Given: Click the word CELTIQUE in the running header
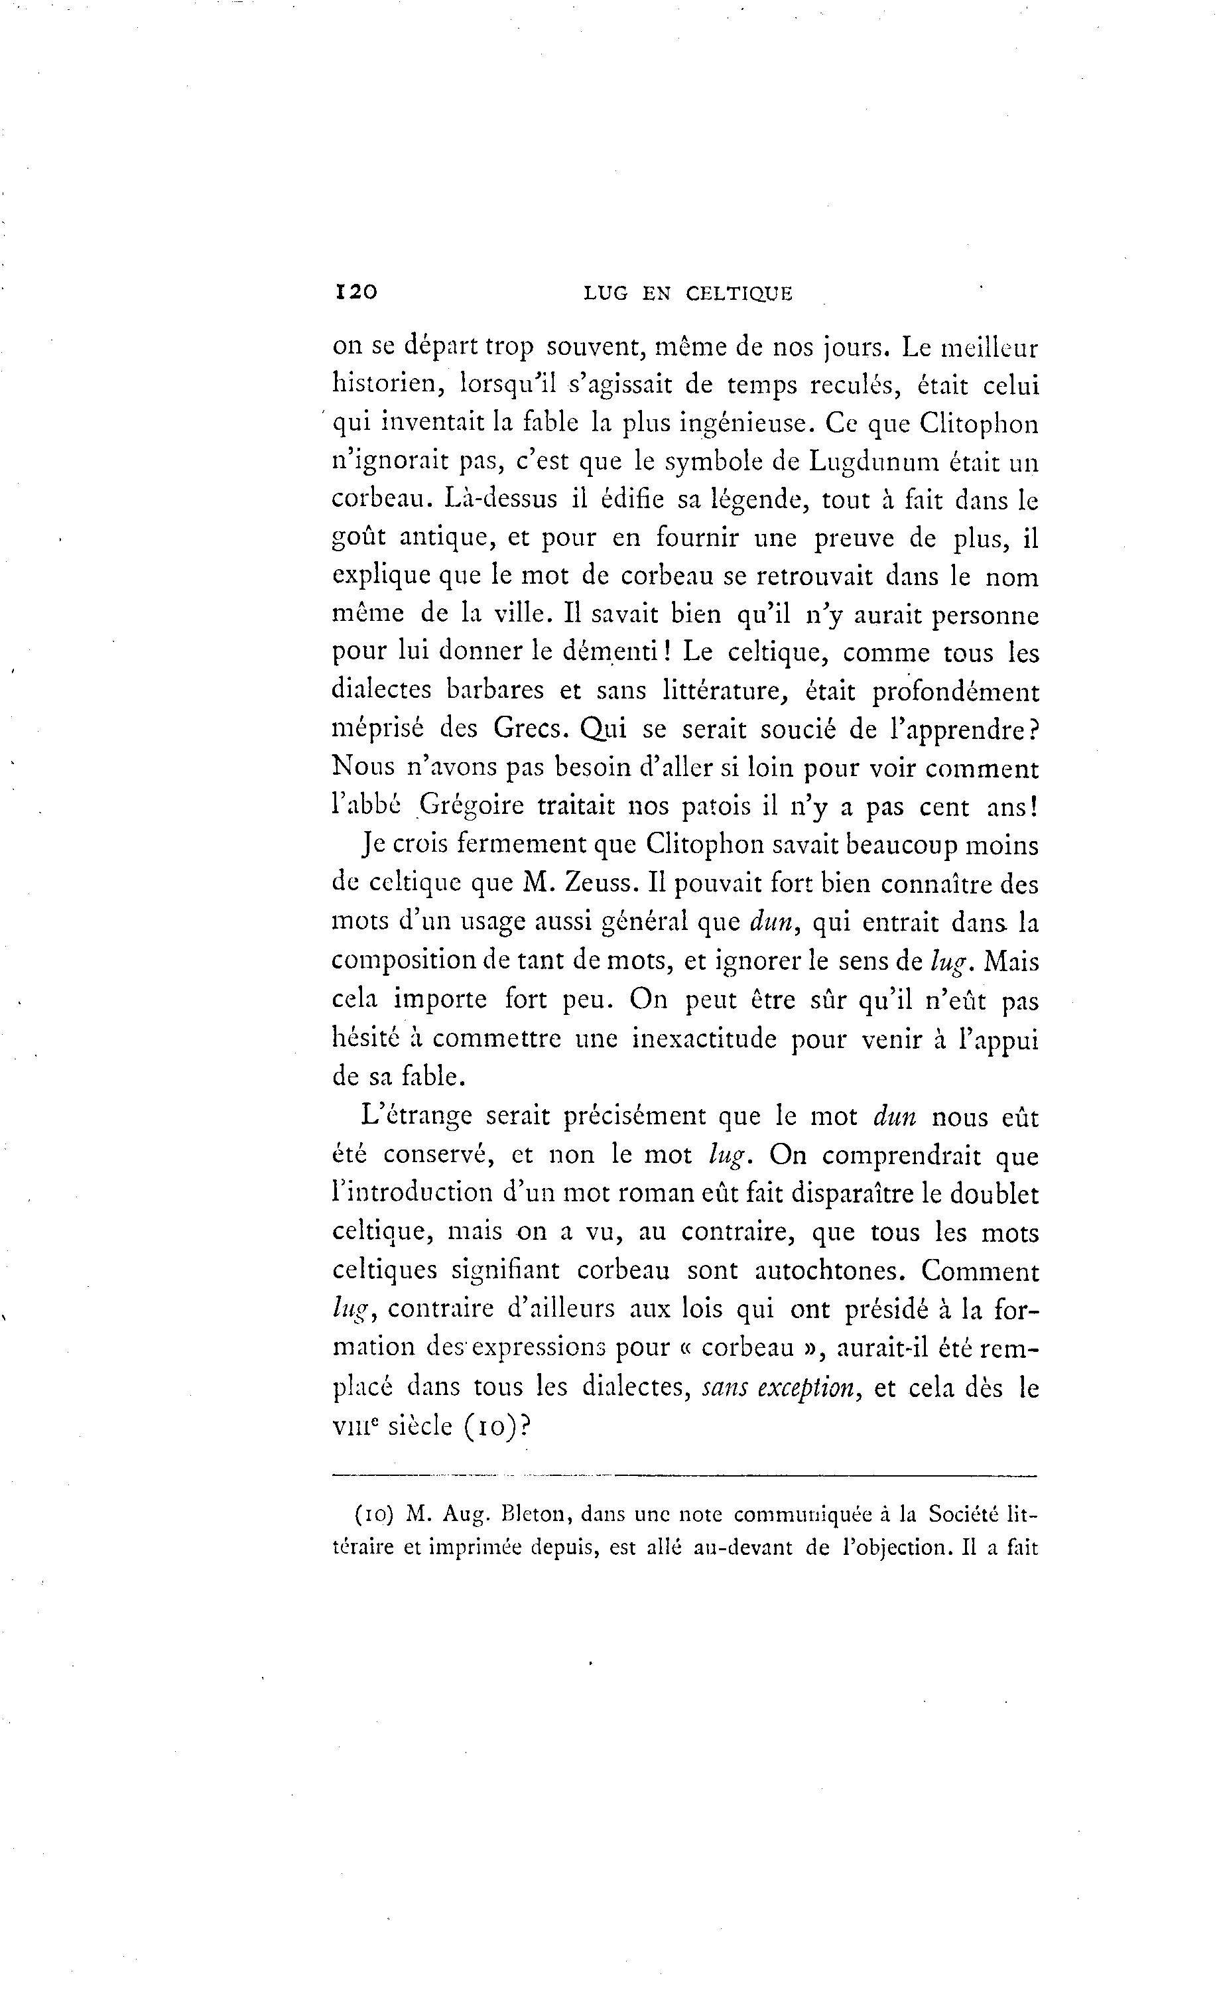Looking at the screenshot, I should (x=739, y=294).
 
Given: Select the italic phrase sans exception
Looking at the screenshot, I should (x=780, y=1388).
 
